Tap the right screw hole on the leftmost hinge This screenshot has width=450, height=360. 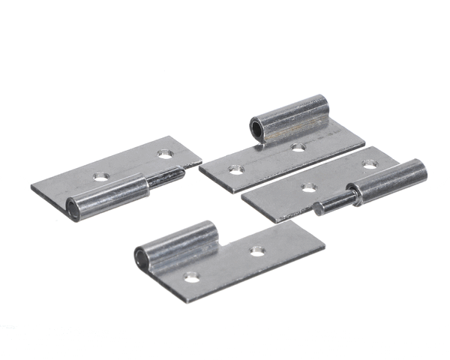coord(165,154)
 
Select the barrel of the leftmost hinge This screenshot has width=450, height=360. coord(109,196)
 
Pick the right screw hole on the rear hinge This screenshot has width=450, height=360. coord(298,147)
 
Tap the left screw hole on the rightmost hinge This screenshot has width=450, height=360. coord(306,185)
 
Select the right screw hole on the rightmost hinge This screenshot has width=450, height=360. coord(367,163)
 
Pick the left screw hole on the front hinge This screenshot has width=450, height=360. coord(193,277)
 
